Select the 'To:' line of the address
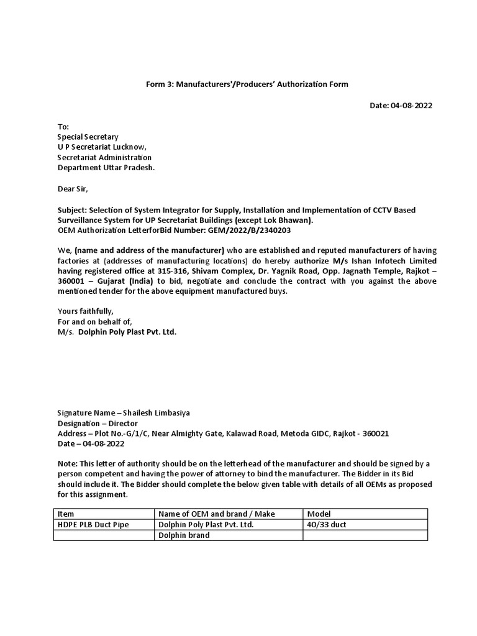[63, 127]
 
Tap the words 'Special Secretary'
[88, 137]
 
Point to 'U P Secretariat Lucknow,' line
[102, 147]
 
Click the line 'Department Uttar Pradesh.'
[106, 168]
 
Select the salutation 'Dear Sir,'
[74, 189]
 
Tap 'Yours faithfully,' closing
[86, 311]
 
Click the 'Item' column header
[65, 514]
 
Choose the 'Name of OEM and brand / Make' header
[216, 514]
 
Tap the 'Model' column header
[319, 514]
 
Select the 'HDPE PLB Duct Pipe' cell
[93, 525]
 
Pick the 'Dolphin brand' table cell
[184, 535]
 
